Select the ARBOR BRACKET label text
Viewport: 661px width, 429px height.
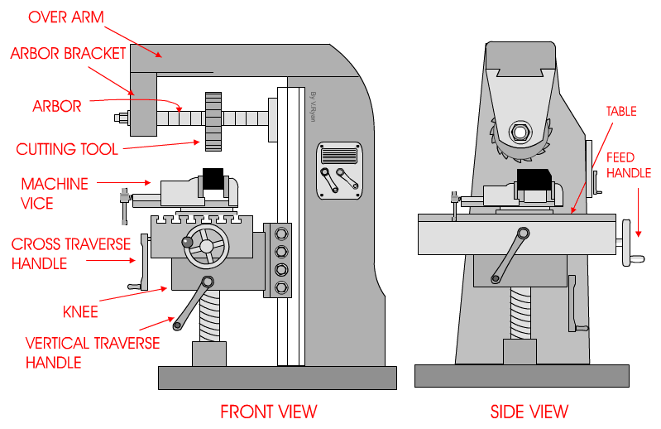click(x=68, y=54)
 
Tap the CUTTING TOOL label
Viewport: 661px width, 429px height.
click(x=67, y=149)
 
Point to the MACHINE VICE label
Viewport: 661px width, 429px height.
click(x=55, y=191)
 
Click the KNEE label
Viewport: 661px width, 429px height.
click(x=80, y=311)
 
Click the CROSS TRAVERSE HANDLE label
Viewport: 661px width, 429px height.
click(x=71, y=253)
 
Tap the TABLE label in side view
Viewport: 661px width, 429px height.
click(x=621, y=111)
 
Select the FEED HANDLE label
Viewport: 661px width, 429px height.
click(x=629, y=165)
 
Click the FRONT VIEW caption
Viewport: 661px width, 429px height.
click(x=268, y=411)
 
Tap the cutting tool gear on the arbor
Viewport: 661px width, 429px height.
click(x=213, y=122)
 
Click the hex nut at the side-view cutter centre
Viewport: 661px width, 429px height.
click(x=520, y=131)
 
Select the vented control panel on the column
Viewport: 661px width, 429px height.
click(x=338, y=156)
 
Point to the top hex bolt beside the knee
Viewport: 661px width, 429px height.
click(x=281, y=233)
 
